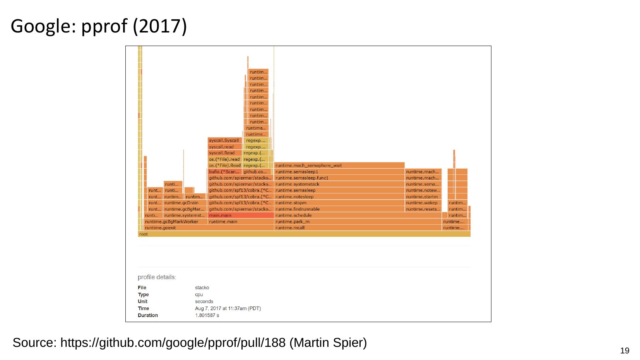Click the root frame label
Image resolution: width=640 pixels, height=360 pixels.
pyautogui.click(x=144, y=234)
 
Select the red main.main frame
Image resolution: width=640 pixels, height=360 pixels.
pyautogui.click(x=240, y=215)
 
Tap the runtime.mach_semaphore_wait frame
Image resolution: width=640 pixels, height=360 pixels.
pyautogui.click(x=339, y=165)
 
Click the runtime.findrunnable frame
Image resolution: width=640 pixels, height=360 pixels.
pyautogui.click(x=339, y=209)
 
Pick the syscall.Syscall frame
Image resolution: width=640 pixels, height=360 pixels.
pyautogui.click(x=224, y=140)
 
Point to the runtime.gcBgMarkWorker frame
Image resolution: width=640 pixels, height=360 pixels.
pyautogui.click(x=175, y=222)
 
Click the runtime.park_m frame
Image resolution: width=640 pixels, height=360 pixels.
pyautogui.click(x=358, y=222)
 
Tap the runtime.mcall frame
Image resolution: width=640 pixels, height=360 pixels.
pyautogui.click(x=358, y=228)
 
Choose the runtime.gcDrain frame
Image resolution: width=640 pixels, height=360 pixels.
pyautogui.click(x=184, y=203)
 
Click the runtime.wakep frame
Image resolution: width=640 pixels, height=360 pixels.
pyautogui.click(x=423, y=203)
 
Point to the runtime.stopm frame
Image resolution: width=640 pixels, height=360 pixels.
pyautogui.click(x=339, y=203)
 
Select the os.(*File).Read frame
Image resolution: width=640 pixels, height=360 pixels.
pyautogui.click(x=225, y=165)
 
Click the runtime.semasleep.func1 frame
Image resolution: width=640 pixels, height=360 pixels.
pyautogui.click(x=339, y=178)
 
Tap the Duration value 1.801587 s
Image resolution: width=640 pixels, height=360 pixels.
pyautogui.click(x=207, y=316)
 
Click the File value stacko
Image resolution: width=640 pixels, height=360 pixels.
pyautogui.click(x=202, y=288)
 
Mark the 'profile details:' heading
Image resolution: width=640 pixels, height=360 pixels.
pyautogui.click(x=157, y=277)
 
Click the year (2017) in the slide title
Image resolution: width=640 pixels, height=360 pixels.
pyautogui.click(x=160, y=26)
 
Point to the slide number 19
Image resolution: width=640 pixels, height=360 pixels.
pyautogui.click(x=625, y=351)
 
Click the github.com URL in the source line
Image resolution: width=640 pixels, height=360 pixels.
pyautogui.click(x=173, y=343)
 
